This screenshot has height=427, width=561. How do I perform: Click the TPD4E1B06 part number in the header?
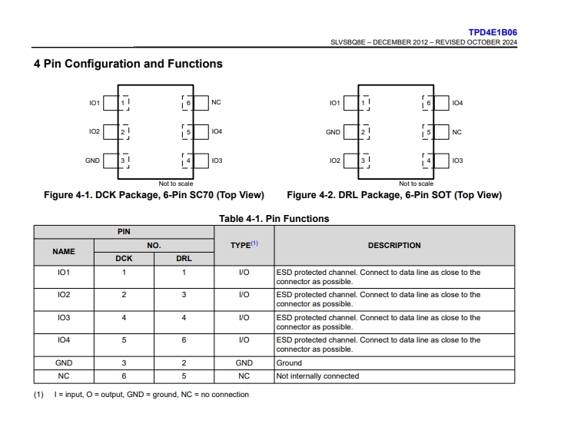tap(493, 32)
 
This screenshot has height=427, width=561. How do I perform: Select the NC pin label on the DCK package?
tap(216, 102)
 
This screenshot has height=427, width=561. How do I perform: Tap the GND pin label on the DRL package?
tap(333, 132)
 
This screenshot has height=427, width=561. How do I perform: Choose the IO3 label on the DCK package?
tap(217, 161)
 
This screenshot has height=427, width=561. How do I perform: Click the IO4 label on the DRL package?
tap(457, 103)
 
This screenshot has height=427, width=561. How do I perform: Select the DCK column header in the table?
tap(124, 259)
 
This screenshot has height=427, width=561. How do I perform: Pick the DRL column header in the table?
tap(184, 259)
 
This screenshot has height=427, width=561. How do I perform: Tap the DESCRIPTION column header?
tap(394, 245)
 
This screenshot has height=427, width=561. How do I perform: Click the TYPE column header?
tap(244, 245)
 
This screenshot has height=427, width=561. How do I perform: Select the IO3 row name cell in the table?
tap(64, 318)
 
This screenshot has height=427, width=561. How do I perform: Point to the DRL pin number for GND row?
tap(184, 363)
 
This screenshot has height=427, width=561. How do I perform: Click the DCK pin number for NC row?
tap(124, 376)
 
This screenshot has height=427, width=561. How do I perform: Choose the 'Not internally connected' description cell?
tap(317, 376)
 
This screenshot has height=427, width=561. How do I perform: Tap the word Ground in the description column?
tap(289, 363)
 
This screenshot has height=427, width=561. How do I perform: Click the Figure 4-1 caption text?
tap(154, 195)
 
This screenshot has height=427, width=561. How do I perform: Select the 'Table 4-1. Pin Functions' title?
tap(274, 219)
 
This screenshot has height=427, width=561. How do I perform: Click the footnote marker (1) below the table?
tap(38, 395)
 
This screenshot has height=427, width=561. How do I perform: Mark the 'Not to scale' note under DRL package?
tap(416, 184)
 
